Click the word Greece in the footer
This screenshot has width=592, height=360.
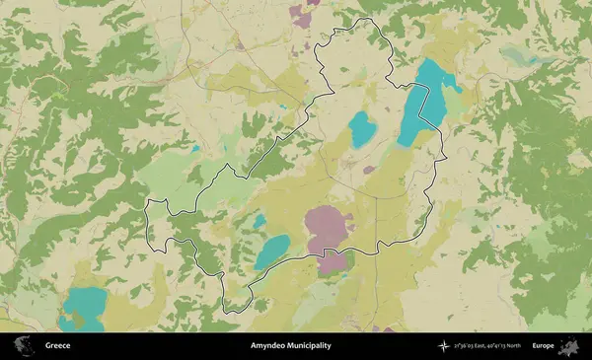click(57, 346)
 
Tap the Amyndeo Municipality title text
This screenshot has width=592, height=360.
click(290, 346)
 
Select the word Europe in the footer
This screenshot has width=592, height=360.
click(543, 346)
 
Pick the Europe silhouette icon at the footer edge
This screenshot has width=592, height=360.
click(570, 346)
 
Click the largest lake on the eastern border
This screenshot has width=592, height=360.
click(422, 104)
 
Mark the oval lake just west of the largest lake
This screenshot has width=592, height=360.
click(362, 128)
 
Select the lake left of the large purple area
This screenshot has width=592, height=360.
click(272, 252)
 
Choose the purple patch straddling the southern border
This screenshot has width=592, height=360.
click(333, 261)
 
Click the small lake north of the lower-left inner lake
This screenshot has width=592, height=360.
click(259, 222)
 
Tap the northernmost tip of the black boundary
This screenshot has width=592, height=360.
click(368, 19)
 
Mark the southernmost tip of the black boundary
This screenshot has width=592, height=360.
click(229, 312)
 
